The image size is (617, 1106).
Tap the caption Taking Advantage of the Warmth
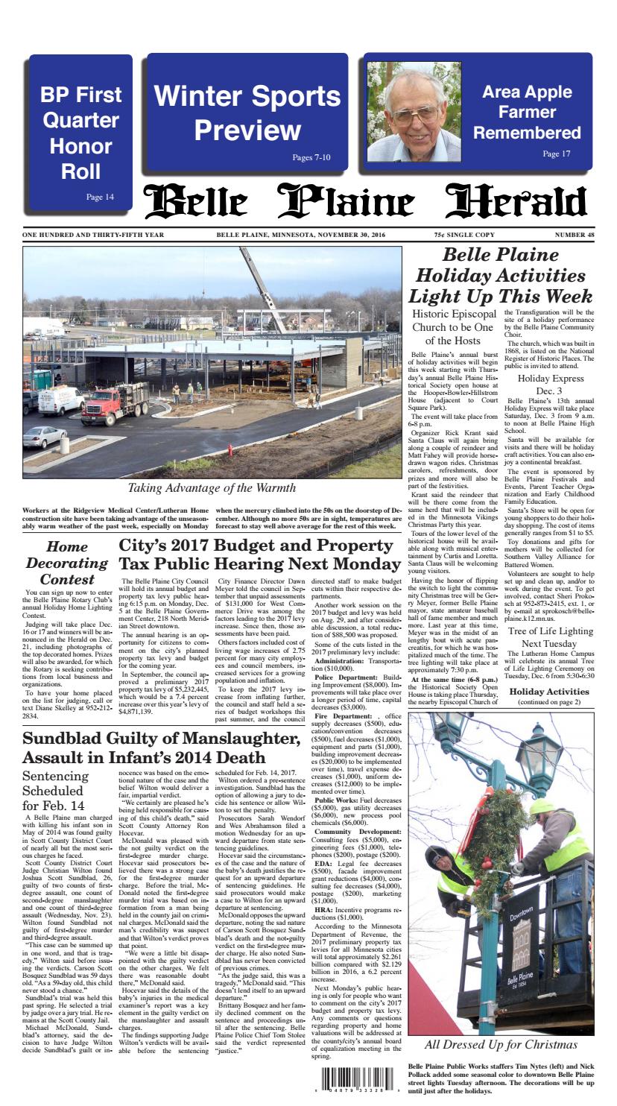point(212,488)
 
